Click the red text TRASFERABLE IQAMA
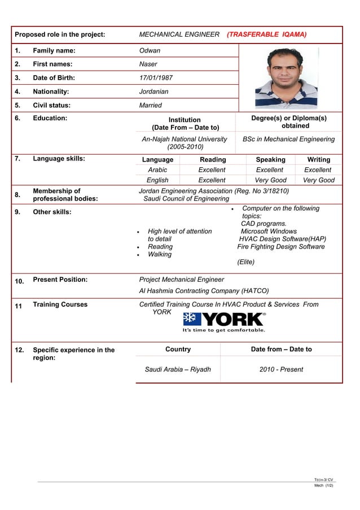(x=266, y=34)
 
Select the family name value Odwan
(x=150, y=51)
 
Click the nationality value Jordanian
(x=153, y=91)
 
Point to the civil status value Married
(x=150, y=105)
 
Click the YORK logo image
(x=224, y=322)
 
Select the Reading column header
(x=213, y=160)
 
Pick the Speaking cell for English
(x=271, y=180)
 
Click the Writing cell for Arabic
(x=318, y=170)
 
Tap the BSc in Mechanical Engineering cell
(x=288, y=139)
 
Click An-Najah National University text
(x=185, y=139)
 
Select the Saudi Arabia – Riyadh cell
(x=178, y=369)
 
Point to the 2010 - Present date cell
(x=281, y=369)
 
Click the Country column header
(x=178, y=350)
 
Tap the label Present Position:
(x=60, y=280)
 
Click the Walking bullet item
(x=160, y=255)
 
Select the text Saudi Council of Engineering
(x=187, y=199)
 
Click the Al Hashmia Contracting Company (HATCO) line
(x=204, y=291)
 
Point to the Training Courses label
(x=60, y=305)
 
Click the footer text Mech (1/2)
(x=324, y=486)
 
